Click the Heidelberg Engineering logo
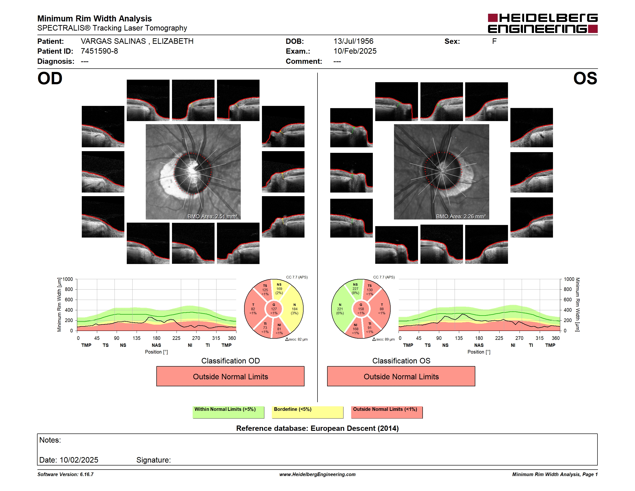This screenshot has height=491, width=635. (543, 23)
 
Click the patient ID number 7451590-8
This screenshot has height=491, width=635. (99, 51)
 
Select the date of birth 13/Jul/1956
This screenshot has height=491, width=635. (353, 41)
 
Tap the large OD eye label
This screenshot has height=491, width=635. (50, 78)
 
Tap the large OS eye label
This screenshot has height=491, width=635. (585, 78)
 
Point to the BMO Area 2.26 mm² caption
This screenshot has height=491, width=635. (461, 216)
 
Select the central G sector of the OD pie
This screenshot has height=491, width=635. (274, 309)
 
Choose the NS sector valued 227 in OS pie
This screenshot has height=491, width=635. (355, 289)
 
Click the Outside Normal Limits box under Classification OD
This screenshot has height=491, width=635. (230, 376)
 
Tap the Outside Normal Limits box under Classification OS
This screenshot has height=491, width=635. (401, 376)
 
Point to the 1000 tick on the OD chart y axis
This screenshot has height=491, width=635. (68, 279)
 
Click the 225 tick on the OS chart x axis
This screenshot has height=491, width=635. (499, 338)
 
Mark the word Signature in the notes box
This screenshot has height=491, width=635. (153, 460)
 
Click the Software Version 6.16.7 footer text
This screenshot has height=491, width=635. (65, 474)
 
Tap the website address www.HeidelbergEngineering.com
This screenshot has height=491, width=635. (317, 474)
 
